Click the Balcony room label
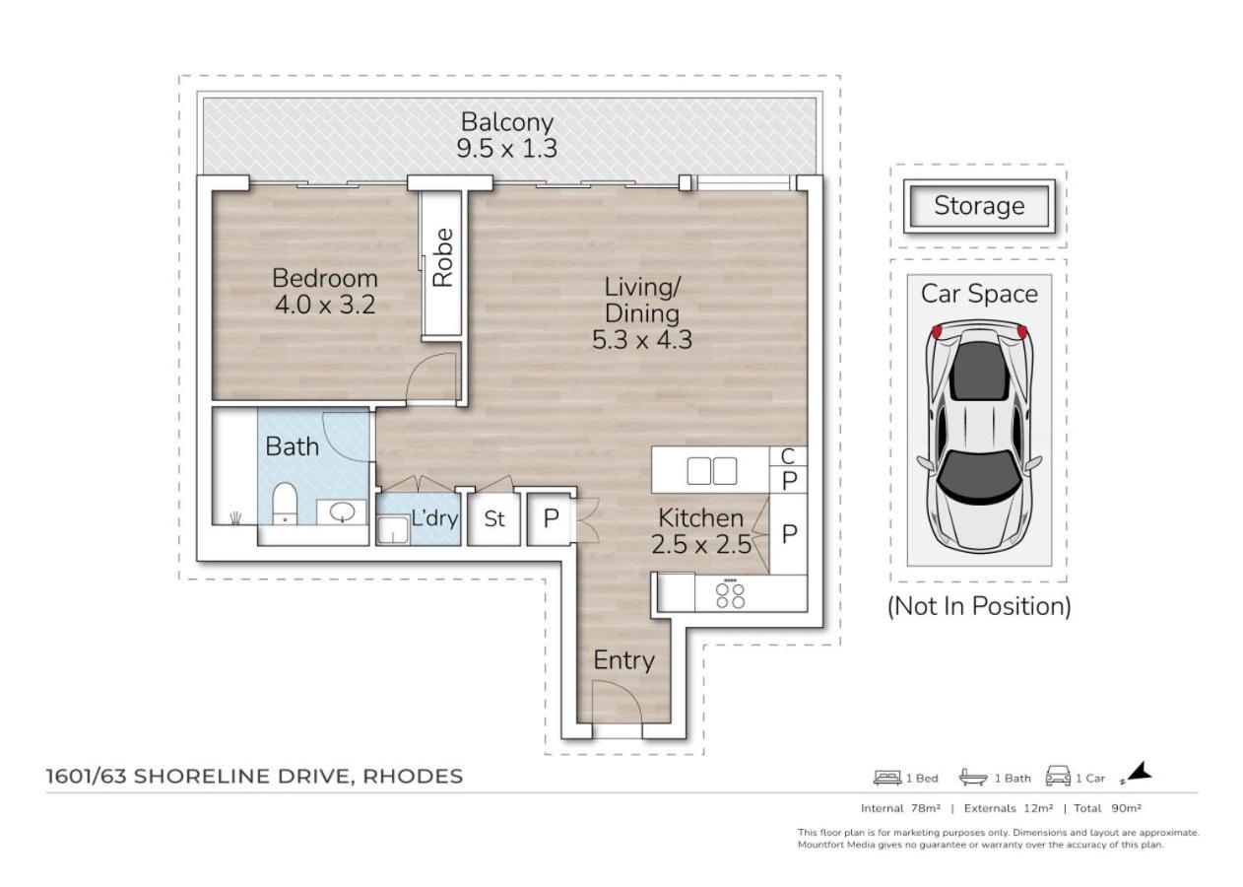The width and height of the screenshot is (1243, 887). click(x=507, y=122)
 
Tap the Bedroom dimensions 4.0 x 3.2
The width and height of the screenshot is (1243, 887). click(x=325, y=305)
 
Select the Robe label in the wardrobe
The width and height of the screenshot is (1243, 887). click(x=442, y=257)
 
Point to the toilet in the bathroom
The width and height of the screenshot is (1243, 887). click(x=285, y=504)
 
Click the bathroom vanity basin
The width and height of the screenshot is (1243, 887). click(x=342, y=512)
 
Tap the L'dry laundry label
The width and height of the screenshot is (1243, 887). click(x=434, y=518)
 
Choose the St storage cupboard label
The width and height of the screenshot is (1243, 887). click(x=494, y=519)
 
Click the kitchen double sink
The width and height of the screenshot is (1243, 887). click(x=712, y=471)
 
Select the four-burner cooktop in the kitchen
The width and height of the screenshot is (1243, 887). click(x=730, y=595)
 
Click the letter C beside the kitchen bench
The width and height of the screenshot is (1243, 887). click(x=788, y=456)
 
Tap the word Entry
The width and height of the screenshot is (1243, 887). click(x=623, y=660)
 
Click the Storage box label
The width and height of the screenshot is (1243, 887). click(x=979, y=206)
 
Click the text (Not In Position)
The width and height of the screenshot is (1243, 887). click(x=979, y=606)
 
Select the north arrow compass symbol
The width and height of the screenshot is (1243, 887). click(x=1138, y=773)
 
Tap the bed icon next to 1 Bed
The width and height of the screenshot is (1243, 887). click(x=887, y=778)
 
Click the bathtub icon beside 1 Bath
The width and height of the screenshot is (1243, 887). click(x=973, y=777)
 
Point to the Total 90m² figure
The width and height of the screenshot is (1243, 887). click(x=1107, y=808)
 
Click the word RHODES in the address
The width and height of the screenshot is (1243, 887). click(x=413, y=776)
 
